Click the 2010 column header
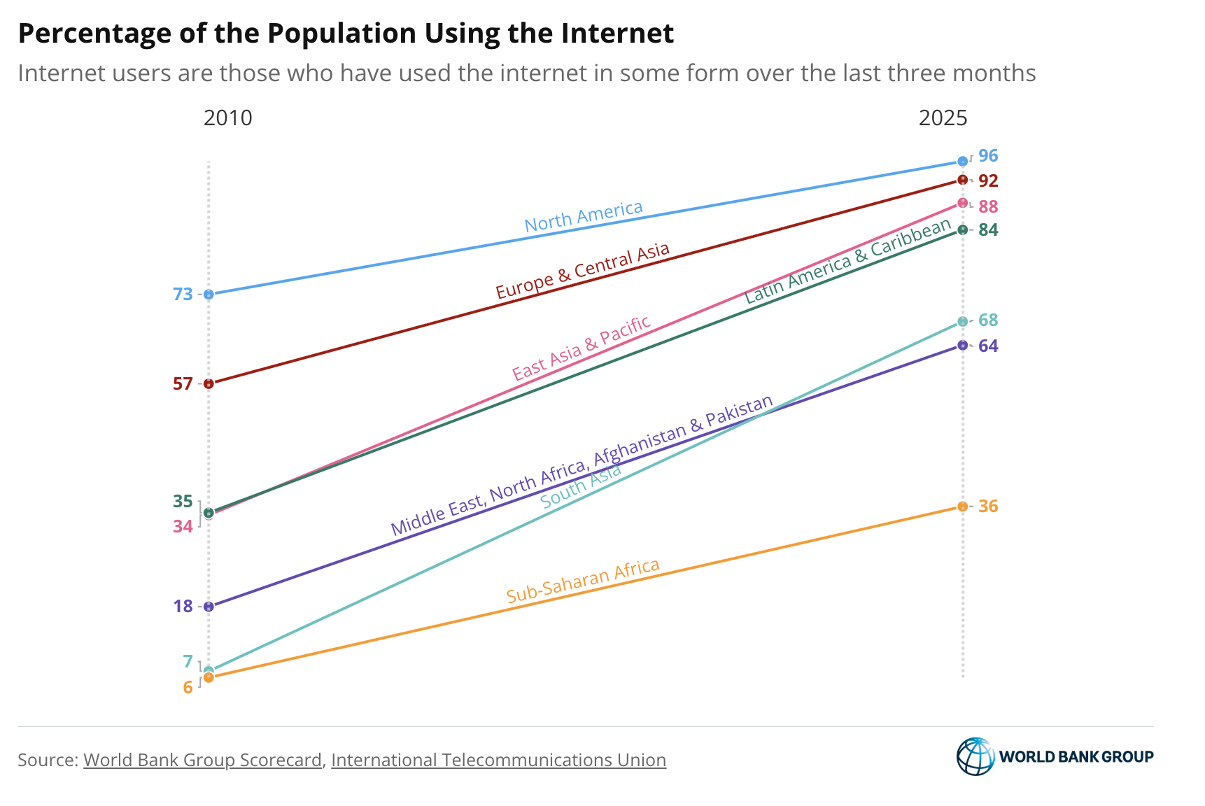point(227,118)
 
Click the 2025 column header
point(943,118)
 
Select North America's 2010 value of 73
point(183,295)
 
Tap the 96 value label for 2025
point(988,156)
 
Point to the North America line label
point(584,217)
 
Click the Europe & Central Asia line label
point(582,271)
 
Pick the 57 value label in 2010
point(183,383)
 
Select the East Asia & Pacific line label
point(582,348)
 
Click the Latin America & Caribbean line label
point(847,261)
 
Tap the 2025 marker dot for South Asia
point(962,322)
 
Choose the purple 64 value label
point(988,346)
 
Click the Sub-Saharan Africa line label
point(583,581)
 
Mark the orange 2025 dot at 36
point(962,507)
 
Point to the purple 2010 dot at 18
point(209,607)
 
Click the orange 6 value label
point(188,688)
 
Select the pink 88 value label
point(988,206)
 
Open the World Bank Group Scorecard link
point(202,760)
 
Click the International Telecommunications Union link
point(498,760)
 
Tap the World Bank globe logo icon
point(975,756)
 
